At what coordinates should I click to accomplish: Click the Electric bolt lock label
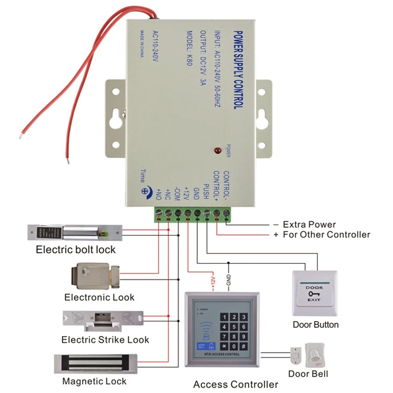pyautogui.click(x=76, y=250)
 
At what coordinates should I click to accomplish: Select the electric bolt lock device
pyautogui.click(x=73, y=231)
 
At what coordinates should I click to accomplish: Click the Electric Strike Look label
pyautogui.click(x=105, y=339)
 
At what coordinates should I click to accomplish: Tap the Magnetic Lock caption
pyautogui.click(x=94, y=381)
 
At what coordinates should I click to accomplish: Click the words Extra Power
pyautogui.click(x=309, y=225)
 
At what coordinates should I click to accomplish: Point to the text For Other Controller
pyautogui.click(x=326, y=235)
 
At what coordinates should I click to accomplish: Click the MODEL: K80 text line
pyautogui.click(x=189, y=53)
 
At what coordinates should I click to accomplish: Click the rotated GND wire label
pyautogui.click(x=228, y=281)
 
